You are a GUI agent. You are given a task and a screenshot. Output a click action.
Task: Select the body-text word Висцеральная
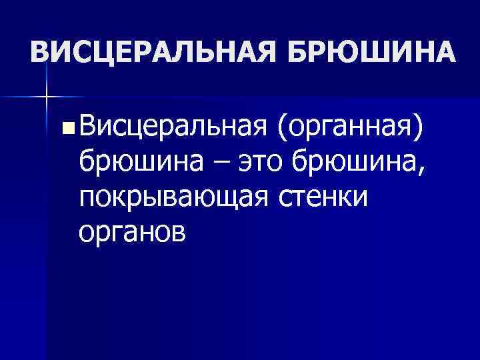coord(173,125)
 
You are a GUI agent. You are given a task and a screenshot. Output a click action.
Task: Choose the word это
coord(253,161)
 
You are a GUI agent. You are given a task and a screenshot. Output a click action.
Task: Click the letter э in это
coord(234,161)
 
